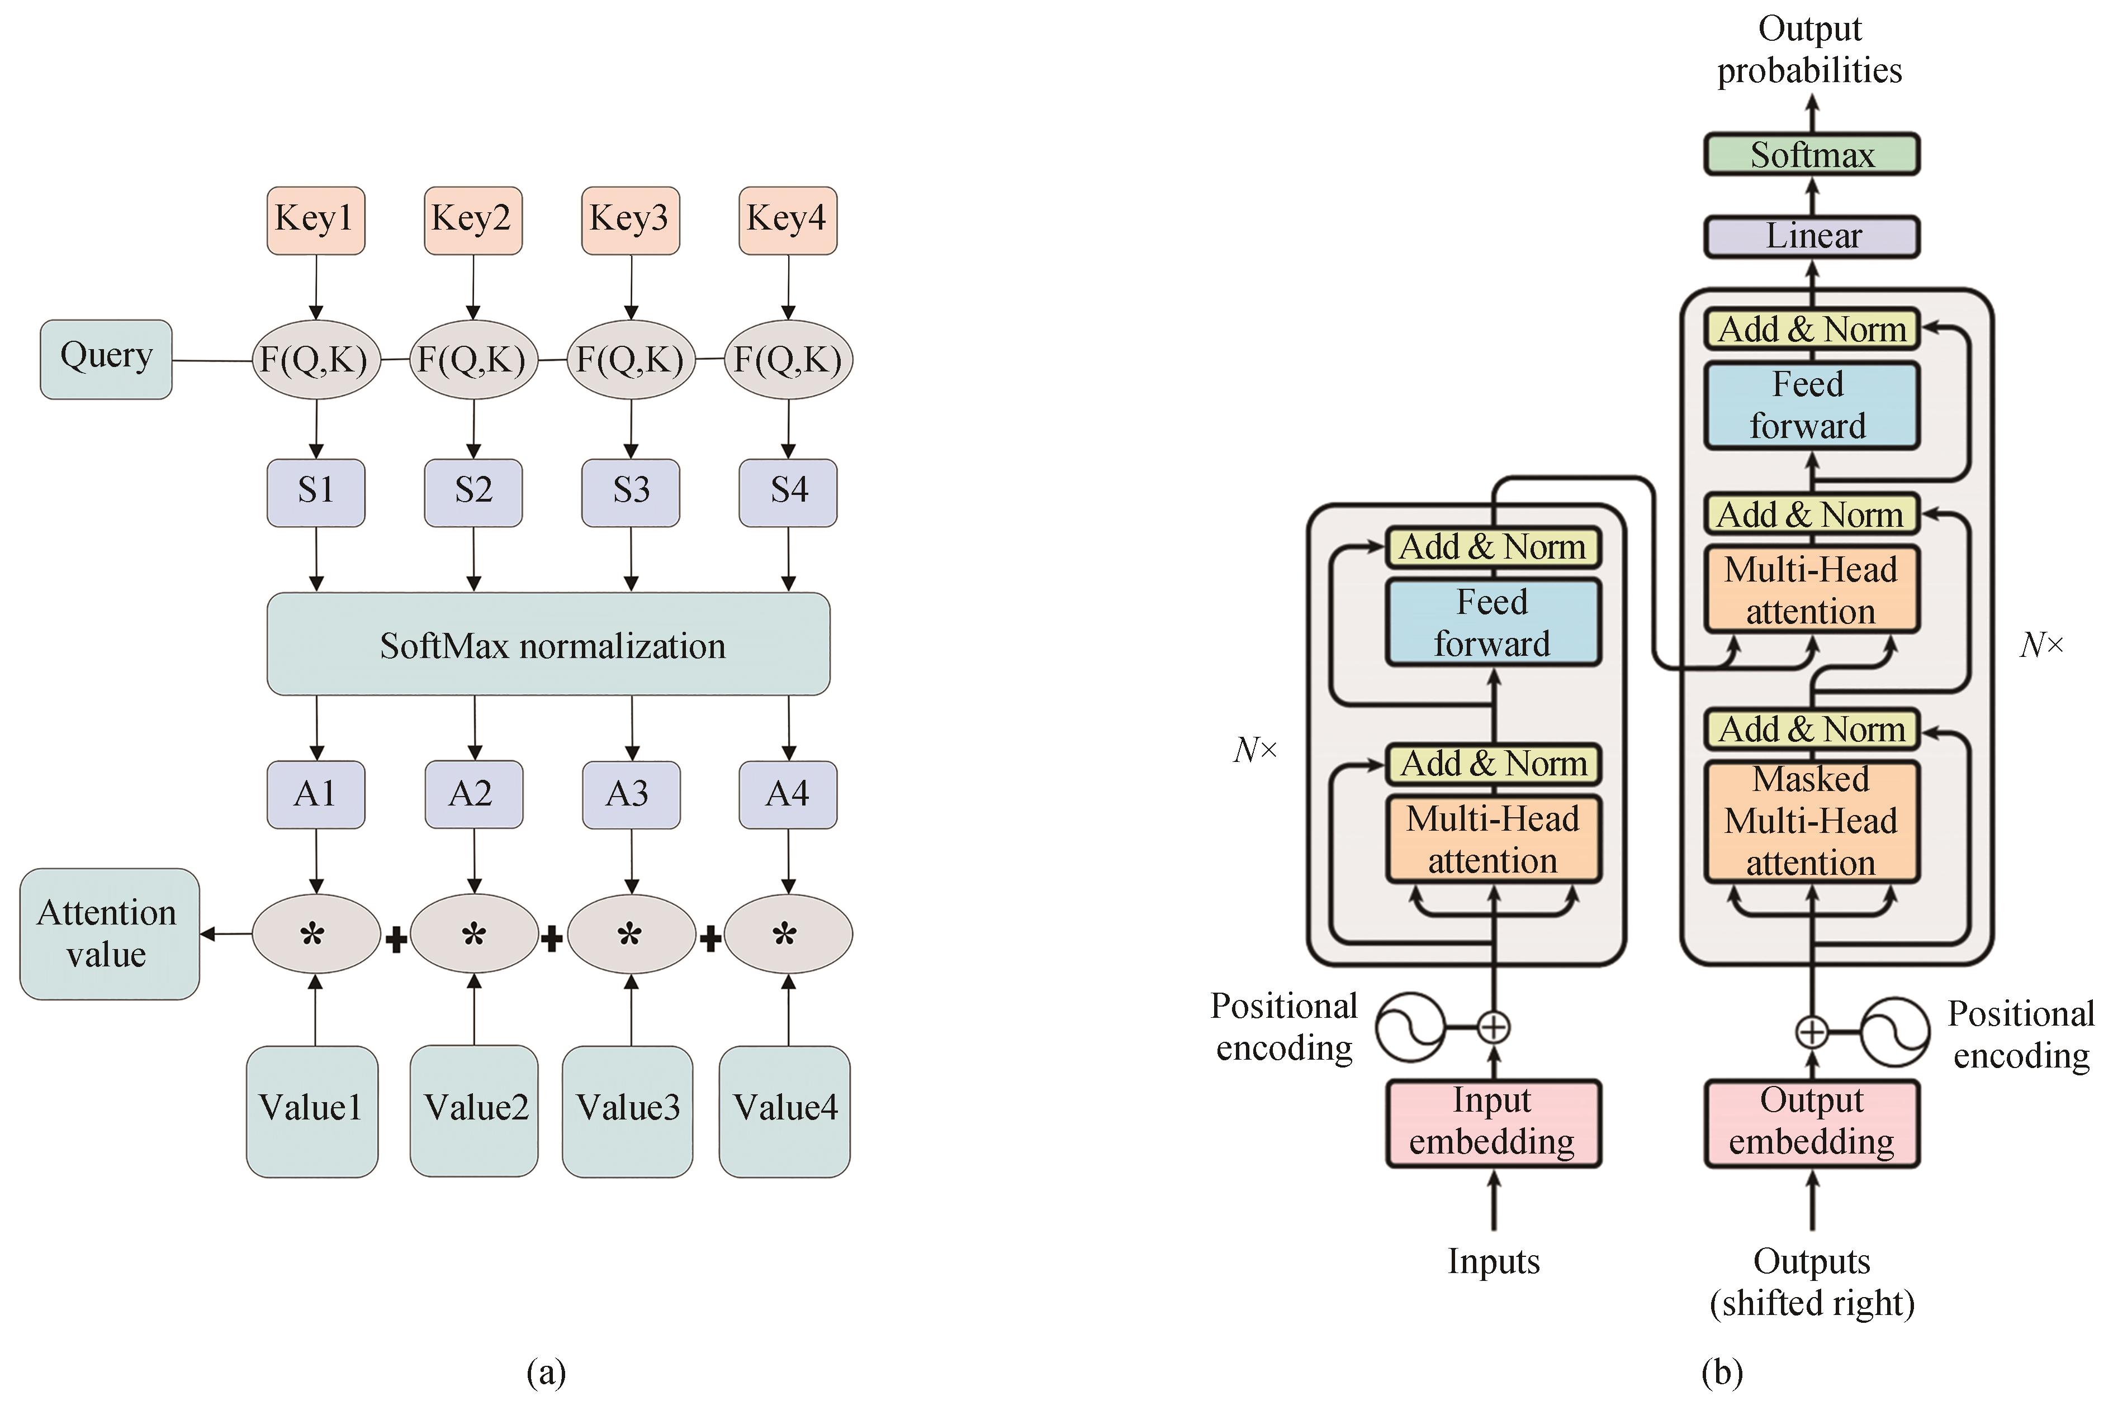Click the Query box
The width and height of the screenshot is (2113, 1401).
[106, 359]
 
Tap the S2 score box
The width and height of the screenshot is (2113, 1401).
[473, 492]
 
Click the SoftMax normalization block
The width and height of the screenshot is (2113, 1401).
[548, 644]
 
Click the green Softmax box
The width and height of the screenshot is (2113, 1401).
[1811, 155]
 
